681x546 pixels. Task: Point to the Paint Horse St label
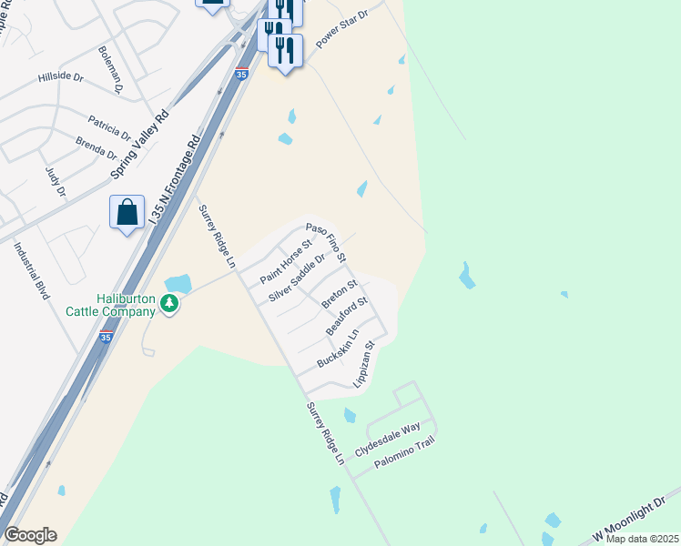tap(286, 261)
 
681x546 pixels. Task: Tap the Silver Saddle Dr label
tap(297, 278)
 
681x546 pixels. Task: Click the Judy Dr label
tap(56, 180)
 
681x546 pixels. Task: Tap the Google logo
tap(30, 535)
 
